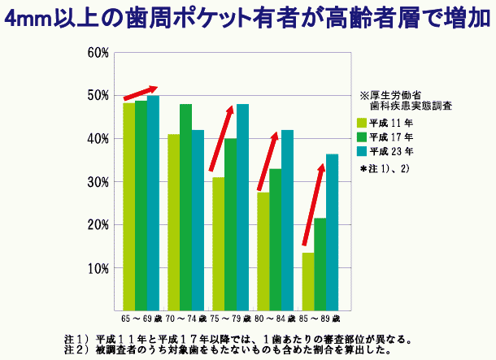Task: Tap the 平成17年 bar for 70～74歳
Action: [185, 206]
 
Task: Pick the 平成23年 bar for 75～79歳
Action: [242, 206]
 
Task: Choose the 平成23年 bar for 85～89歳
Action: [332, 231]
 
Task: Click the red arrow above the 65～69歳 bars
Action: [140, 93]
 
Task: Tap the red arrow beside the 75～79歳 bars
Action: [223, 138]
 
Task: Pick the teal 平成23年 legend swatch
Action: [363, 151]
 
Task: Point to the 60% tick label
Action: [98, 53]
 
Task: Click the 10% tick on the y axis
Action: [98, 267]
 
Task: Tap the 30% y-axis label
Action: [98, 182]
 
